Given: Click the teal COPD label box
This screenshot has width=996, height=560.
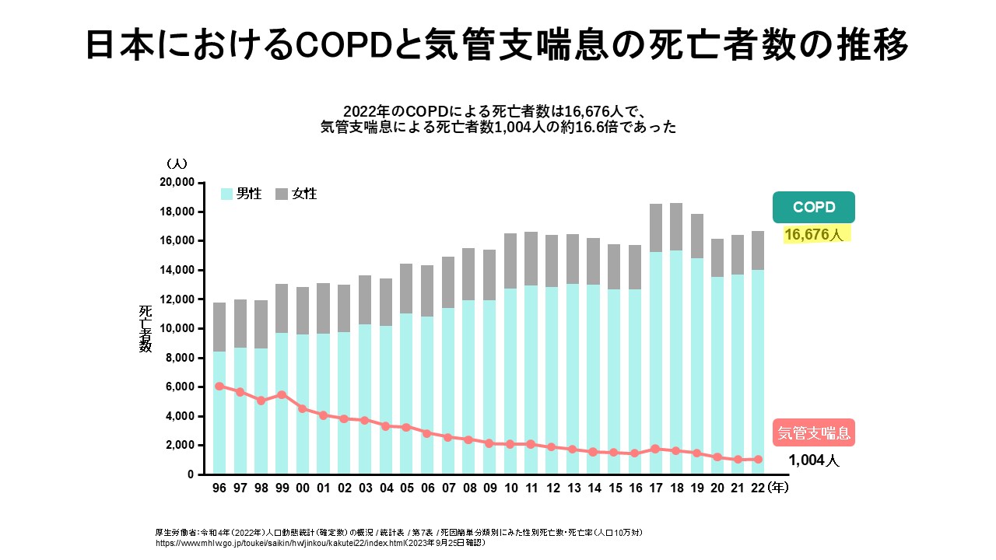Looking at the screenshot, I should (814, 207).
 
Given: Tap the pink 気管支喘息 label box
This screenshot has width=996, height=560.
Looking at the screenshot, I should (814, 432).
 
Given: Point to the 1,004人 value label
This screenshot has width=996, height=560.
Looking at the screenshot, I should (814, 460).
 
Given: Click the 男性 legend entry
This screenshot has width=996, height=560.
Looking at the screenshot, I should (241, 194).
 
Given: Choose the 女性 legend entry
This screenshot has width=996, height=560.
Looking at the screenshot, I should (296, 194).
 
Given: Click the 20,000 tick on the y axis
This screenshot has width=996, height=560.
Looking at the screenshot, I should (176, 183).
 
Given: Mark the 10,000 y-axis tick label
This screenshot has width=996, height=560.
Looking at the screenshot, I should (176, 328).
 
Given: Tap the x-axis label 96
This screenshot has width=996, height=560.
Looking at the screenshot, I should (219, 488).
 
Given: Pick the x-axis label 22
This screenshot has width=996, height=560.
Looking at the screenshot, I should (758, 488).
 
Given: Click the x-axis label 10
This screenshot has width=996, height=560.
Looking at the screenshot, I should (510, 488).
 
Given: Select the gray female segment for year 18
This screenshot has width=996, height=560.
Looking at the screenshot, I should (675, 226).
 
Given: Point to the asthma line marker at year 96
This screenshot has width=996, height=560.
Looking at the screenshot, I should (219, 386).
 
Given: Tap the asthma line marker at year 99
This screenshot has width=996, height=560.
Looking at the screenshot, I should (282, 394).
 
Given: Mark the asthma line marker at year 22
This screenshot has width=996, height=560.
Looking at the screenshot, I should (758, 459).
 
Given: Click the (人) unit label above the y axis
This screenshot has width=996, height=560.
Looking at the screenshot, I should (176, 163).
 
